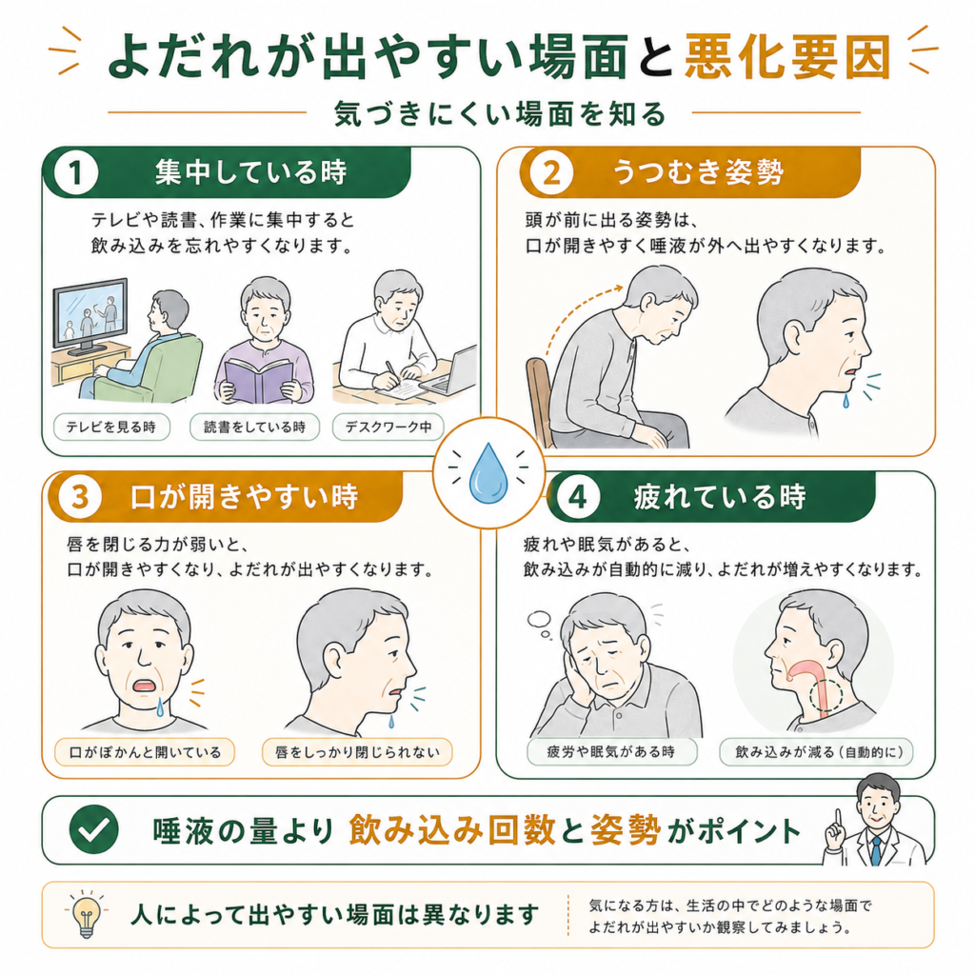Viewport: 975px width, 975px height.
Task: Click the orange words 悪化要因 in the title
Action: [x=787, y=56]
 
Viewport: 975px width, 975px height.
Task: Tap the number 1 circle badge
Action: [x=76, y=172]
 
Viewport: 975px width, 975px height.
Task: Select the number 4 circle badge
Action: [x=578, y=497]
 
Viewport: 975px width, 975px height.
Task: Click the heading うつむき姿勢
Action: [x=698, y=172]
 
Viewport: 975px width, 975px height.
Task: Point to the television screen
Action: [x=90, y=312]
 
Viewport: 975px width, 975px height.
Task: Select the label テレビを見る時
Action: [x=111, y=428]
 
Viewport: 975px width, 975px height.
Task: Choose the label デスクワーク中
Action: [x=388, y=428]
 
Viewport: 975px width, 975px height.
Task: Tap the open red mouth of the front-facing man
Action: [x=145, y=686]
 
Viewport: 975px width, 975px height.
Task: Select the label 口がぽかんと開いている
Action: [x=145, y=752]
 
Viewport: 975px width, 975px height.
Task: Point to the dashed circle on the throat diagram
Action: [x=826, y=694]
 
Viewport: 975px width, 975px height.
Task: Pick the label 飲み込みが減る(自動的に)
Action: [x=816, y=752]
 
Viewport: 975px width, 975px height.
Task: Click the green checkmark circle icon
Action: [x=94, y=829]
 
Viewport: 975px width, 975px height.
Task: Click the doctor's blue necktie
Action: [x=876, y=849]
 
